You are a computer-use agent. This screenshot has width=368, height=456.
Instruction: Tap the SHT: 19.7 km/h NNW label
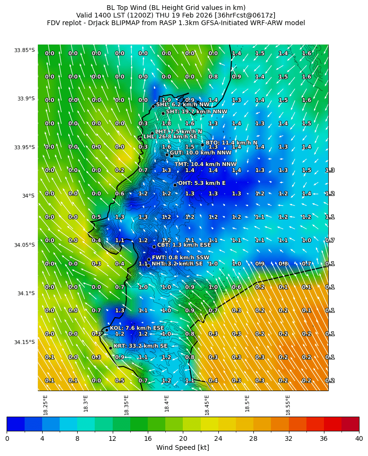click(x=190, y=111)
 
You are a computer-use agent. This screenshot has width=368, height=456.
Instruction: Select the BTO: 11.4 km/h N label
click(x=231, y=143)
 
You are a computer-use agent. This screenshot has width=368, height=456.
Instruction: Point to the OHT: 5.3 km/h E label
click(x=202, y=183)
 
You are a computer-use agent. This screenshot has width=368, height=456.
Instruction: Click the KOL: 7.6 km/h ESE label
click(x=137, y=328)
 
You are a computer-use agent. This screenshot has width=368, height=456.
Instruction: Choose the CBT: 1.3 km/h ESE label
click(x=184, y=245)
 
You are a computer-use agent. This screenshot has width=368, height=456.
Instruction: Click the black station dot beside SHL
click(x=153, y=106)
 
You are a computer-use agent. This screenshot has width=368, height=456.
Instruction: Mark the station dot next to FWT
click(x=149, y=259)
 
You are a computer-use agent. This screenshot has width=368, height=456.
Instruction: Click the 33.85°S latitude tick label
click(x=24, y=50)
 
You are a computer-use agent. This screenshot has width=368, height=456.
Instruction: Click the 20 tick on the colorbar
click(x=183, y=438)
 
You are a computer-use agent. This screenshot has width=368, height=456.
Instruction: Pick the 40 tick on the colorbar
click(x=359, y=438)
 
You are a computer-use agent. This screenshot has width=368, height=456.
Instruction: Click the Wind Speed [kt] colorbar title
click(x=183, y=448)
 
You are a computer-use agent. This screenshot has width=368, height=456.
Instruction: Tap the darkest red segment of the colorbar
click(x=350, y=424)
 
